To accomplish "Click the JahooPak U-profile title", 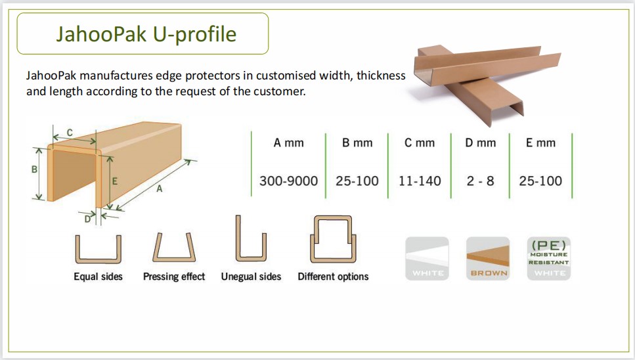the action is (x=146, y=34).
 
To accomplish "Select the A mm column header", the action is (x=288, y=143).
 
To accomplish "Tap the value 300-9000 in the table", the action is (x=288, y=181).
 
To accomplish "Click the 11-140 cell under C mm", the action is (x=420, y=181).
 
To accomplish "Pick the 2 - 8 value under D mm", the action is (x=480, y=181).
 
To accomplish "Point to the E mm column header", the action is (x=540, y=143).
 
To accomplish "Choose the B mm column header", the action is (x=357, y=143).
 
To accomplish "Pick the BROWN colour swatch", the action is (x=488, y=258).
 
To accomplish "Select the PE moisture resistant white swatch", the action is (x=549, y=258).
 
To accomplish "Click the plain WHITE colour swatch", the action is (x=427, y=258).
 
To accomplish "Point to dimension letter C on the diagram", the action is (x=70, y=133).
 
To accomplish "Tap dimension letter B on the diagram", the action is (x=34, y=169).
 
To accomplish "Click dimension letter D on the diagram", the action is (x=87, y=219).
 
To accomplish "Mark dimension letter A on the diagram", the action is (x=160, y=189).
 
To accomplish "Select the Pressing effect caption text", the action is (x=174, y=277).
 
